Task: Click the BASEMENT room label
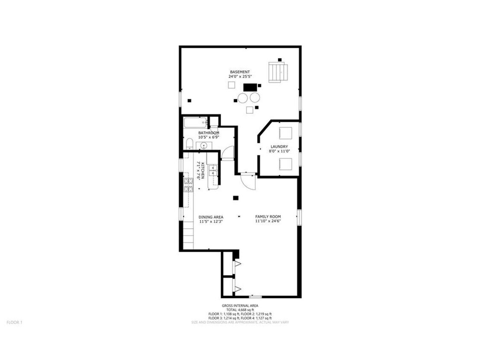(x=240, y=72)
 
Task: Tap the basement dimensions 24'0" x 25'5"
(x=240, y=76)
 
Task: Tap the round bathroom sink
(x=204, y=146)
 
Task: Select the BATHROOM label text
(x=209, y=133)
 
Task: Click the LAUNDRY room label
(x=279, y=147)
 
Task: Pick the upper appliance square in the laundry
(x=285, y=133)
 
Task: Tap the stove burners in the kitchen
(x=189, y=185)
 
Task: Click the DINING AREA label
(x=211, y=217)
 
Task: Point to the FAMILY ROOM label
(x=268, y=217)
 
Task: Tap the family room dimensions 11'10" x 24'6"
(x=268, y=221)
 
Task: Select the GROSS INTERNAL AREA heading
(x=240, y=305)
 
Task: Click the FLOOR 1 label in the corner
(x=15, y=322)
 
